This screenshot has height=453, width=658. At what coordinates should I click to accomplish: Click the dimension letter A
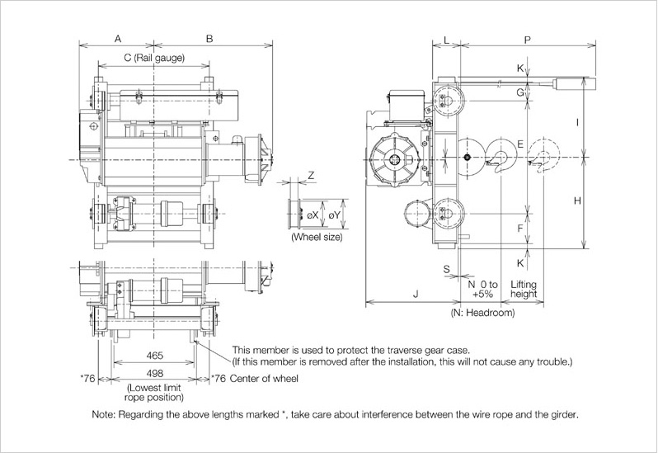pos(118,39)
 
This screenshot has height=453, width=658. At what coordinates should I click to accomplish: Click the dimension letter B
pos(209,39)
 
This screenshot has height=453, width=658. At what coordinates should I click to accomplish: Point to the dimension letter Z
pos(311,177)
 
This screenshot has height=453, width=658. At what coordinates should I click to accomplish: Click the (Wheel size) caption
pos(317,238)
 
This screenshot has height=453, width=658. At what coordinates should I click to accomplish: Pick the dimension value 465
pos(153,356)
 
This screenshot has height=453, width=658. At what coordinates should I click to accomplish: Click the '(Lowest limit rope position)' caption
pos(154,393)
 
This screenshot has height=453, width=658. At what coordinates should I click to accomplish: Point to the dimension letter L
pos(446,39)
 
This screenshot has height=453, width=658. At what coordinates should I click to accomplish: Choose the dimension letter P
pos(527,39)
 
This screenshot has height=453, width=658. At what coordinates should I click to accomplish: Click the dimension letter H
pos(577,201)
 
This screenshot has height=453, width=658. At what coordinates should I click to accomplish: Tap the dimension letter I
pos(578,122)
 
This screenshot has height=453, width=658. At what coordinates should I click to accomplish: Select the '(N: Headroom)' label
pos(482,314)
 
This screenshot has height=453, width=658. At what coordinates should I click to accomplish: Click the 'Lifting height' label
pos(524,288)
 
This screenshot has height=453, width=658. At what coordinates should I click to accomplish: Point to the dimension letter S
pos(446,269)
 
